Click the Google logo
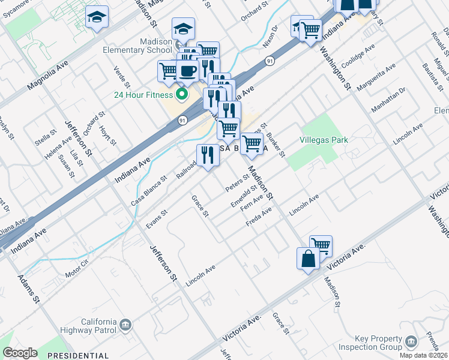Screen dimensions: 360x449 pyautogui.click(x=20, y=352)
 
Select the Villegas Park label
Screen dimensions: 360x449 pyautogui.click(x=324, y=140)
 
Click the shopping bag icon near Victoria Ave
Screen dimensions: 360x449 pyautogui.click(x=307, y=259)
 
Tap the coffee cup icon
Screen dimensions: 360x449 pyautogui.click(x=188, y=70)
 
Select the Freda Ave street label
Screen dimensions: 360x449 pyautogui.click(x=259, y=217)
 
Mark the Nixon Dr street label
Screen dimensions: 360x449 pyautogui.click(x=271, y=37)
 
